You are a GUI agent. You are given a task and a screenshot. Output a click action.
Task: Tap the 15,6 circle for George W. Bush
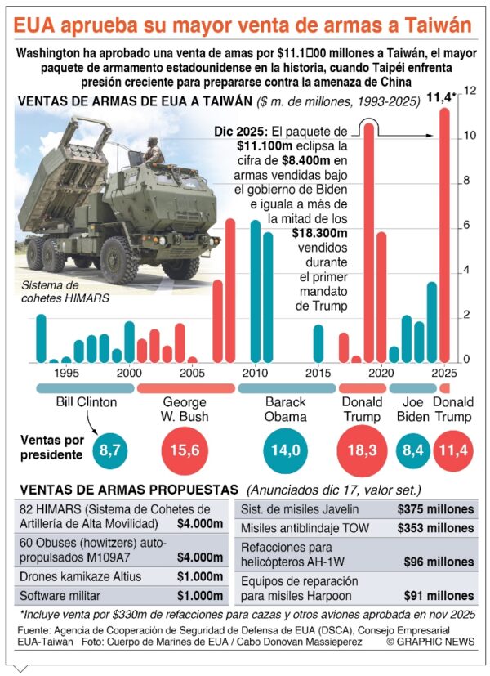185,450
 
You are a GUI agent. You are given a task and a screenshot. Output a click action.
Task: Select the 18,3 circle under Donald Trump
362,450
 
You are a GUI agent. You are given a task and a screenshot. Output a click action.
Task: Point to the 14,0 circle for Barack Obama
286,450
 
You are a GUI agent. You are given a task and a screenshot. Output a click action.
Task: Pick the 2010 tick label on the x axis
254,372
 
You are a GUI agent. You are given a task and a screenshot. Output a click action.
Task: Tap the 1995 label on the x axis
66,372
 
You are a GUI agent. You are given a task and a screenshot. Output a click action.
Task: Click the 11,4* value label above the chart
443,97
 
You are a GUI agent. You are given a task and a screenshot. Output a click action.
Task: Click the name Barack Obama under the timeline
286,409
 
